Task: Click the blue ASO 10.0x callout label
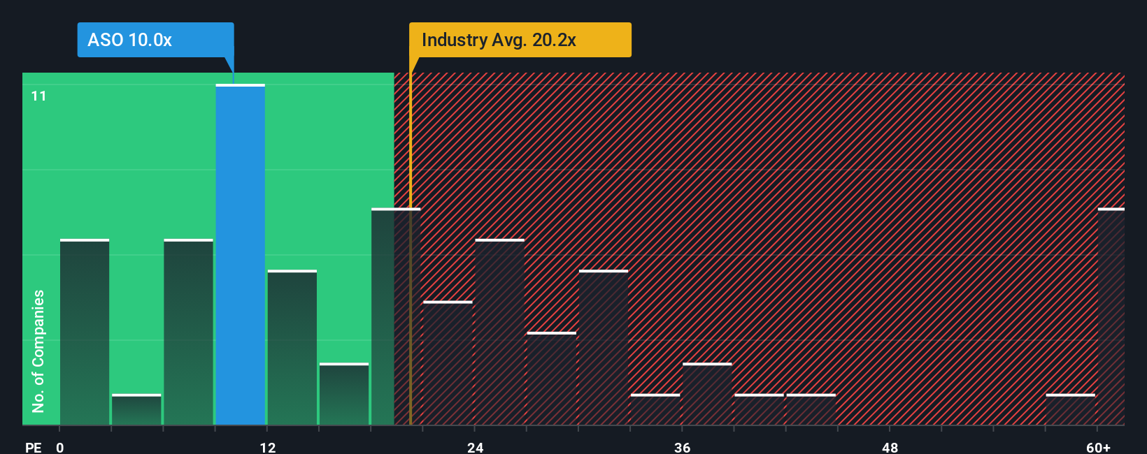(x=155, y=40)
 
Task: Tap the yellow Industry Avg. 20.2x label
(x=520, y=40)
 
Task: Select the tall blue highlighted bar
(x=240, y=255)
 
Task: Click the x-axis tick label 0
(x=60, y=447)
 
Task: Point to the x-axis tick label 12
(x=268, y=447)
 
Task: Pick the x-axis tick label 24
(x=476, y=447)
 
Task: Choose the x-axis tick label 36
(x=683, y=447)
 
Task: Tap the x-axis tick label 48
(x=890, y=447)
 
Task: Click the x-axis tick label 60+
(x=1098, y=447)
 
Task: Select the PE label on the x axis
(x=33, y=447)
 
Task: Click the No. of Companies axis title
(x=38, y=351)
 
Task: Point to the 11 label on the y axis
(x=39, y=96)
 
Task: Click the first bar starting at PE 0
(x=85, y=332)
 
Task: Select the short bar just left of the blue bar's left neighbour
(x=136, y=410)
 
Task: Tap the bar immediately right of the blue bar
(x=292, y=348)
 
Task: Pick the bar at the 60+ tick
(x=1111, y=317)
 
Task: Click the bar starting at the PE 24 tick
(x=499, y=332)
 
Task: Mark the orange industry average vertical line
(x=411, y=279)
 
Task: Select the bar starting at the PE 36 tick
(x=707, y=395)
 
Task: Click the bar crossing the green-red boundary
(x=395, y=317)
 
